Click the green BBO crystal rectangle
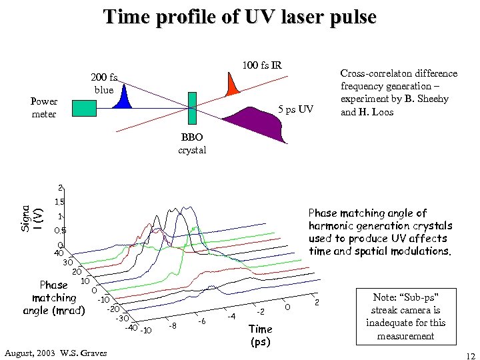(193, 107)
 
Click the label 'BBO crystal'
(192, 143)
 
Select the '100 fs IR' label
(262, 65)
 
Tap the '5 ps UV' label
(295, 109)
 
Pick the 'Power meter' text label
(44, 108)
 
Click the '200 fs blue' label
(104, 83)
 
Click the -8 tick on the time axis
(173, 326)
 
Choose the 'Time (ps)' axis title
(260, 335)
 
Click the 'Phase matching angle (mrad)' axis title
(54, 298)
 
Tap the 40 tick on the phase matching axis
(58, 253)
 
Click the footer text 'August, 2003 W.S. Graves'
(55, 352)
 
